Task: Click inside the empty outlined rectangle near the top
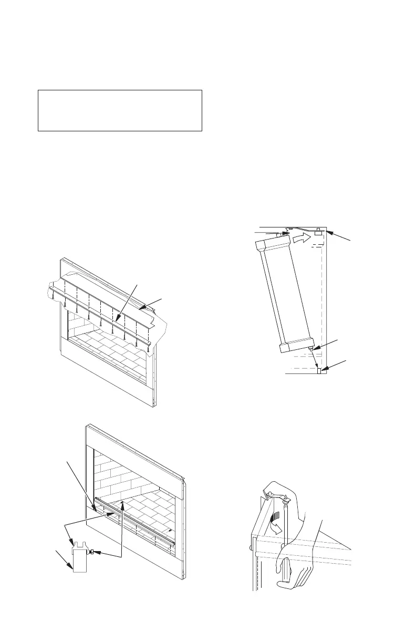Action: click(120, 110)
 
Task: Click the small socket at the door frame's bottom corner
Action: click(319, 371)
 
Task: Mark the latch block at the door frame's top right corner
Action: click(318, 232)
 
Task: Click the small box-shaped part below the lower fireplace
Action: click(81, 559)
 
